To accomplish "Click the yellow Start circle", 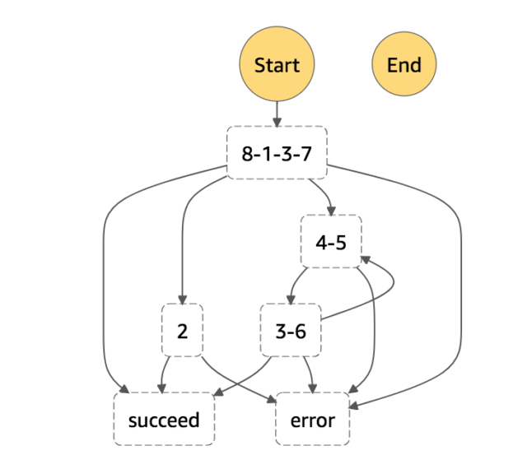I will (277, 65).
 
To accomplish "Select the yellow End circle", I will (403, 65).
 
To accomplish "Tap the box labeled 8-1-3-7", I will (277, 153).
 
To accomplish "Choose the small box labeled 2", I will (182, 331).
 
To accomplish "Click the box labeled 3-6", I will (290, 331).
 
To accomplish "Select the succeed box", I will (164, 420).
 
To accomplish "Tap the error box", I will (313, 420).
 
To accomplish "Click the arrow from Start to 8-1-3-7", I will (277, 112).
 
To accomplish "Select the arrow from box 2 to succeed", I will (165, 374).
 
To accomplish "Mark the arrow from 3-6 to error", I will (310, 374).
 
